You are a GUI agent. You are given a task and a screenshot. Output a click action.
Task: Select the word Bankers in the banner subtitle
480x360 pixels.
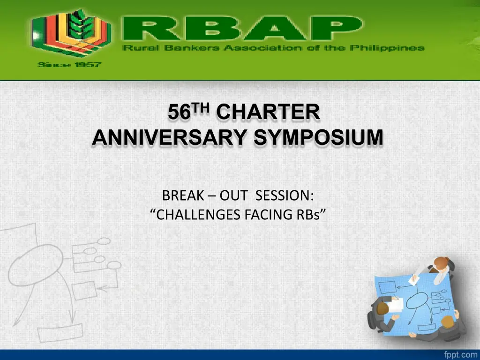[192, 48]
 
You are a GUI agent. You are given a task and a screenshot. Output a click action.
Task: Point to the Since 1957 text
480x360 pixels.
[69, 65]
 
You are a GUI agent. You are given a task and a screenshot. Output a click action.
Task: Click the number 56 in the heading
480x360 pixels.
[180, 112]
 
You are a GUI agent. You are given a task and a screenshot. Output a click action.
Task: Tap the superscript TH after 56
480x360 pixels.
[201, 108]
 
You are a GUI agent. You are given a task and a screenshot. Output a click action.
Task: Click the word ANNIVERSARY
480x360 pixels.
[169, 137]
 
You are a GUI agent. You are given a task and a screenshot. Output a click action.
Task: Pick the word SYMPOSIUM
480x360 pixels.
[318, 137]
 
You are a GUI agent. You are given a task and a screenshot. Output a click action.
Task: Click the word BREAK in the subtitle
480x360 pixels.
[183, 195]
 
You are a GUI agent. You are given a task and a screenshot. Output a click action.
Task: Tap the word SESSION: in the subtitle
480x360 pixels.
[285, 195]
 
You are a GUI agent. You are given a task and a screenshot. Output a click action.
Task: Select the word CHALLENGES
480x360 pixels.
[198, 215]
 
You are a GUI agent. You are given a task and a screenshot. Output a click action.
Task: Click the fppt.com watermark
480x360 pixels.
[461, 354]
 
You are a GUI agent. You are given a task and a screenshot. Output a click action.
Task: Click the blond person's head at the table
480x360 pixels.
[447, 322]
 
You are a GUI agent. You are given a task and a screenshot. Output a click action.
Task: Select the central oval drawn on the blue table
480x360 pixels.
[417, 300]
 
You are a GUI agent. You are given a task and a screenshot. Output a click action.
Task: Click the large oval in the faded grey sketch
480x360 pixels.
[35, 265]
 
